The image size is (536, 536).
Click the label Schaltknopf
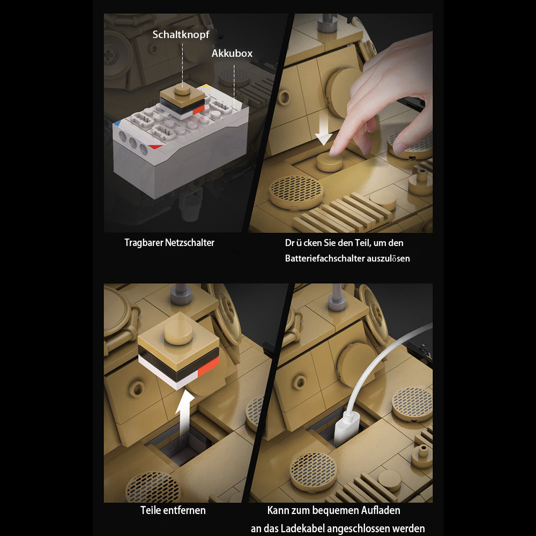[x=181, y=35]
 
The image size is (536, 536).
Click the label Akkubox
[x=232, y=53]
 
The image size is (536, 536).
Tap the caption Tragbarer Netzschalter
[x=169, y=243]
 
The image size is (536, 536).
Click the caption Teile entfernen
[x=173, y=510]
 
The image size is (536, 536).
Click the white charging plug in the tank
[x=346, y=428]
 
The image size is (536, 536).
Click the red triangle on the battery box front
[x=155, y=147]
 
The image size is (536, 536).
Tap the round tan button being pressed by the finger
[x=329, y=163]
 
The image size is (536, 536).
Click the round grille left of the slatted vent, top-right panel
[x=296, y=192]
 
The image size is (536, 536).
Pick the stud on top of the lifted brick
[x=178, y=332]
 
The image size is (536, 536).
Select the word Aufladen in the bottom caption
[x=381, y=510]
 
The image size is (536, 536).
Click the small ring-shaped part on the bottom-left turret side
[x=137, y=389]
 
